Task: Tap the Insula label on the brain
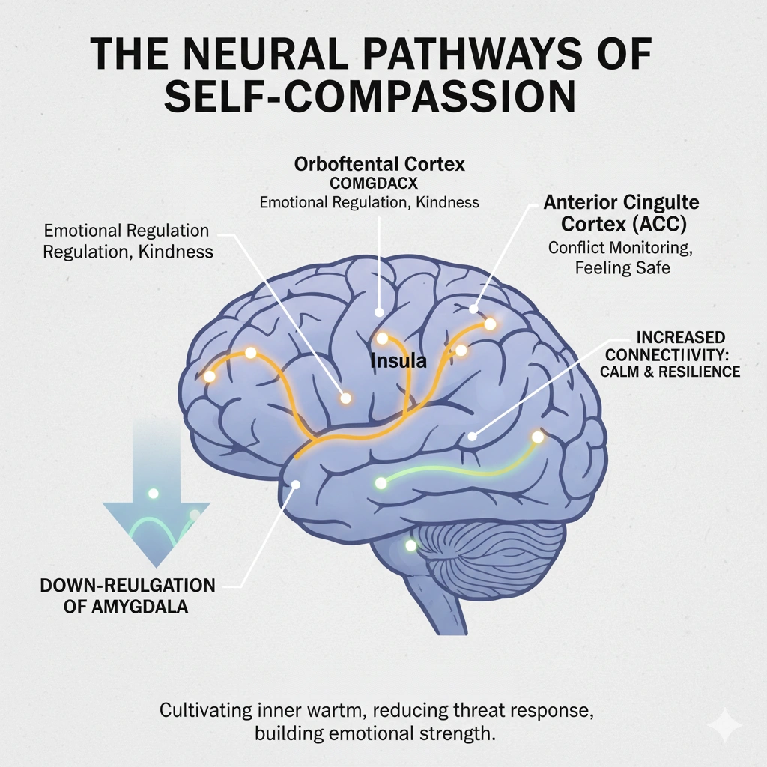[398, 361]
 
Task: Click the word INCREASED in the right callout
[680, 338]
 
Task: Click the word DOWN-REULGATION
[127, 585]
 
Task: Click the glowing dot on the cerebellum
[410, 545]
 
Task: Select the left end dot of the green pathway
[381, 483]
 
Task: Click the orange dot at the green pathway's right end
[537, 436]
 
